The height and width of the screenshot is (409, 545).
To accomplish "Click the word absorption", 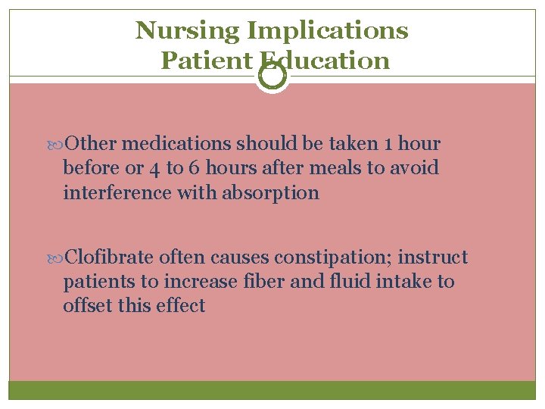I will (270, 193).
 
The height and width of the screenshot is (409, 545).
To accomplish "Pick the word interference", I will (117, 193).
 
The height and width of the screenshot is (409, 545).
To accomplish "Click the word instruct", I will (434, 258).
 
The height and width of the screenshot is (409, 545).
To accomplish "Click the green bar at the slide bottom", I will (272, 390).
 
